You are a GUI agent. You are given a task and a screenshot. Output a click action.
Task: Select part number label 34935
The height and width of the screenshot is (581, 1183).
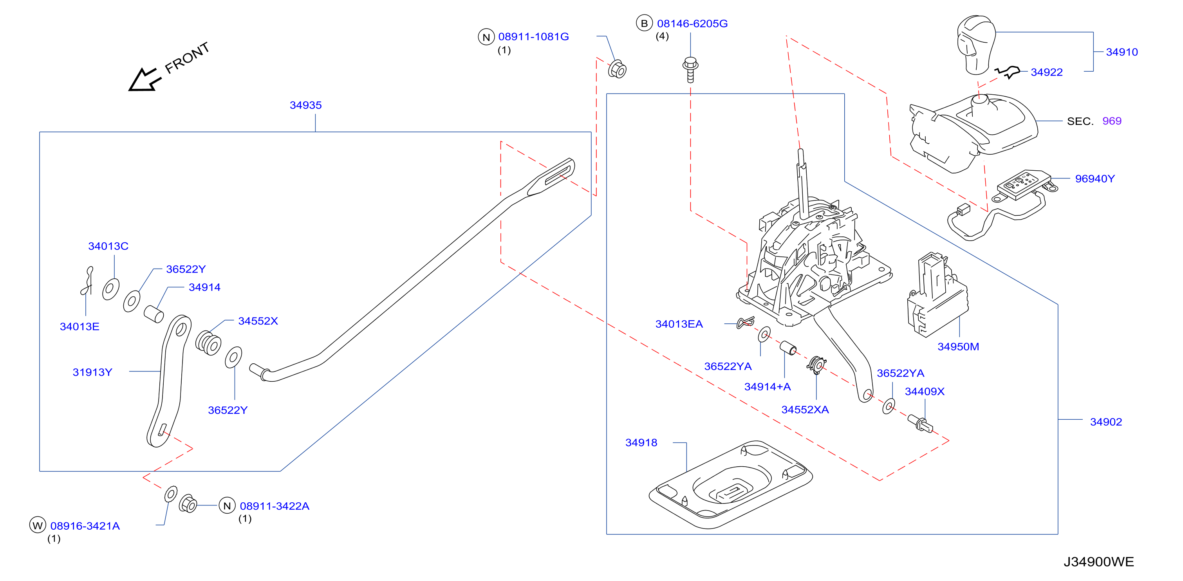point(305,105)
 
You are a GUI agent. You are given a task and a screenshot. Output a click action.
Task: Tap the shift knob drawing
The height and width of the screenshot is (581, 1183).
point(976,45)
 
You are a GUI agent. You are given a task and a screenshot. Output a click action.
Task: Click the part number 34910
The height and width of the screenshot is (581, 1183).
point(1122,52)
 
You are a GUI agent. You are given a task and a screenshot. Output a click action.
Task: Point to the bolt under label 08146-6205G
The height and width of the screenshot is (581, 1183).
point(690,69)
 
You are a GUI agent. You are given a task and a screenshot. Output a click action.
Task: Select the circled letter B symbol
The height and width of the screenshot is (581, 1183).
point(644,23)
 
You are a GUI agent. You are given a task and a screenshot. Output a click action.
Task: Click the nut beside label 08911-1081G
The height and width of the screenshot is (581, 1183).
point(617,69)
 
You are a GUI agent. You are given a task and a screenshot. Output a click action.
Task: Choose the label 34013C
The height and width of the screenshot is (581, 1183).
point(108,246)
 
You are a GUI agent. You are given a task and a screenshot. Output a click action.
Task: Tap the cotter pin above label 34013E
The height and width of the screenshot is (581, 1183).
point(87,281)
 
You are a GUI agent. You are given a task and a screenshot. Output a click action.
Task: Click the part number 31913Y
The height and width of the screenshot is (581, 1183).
point(92,372)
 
